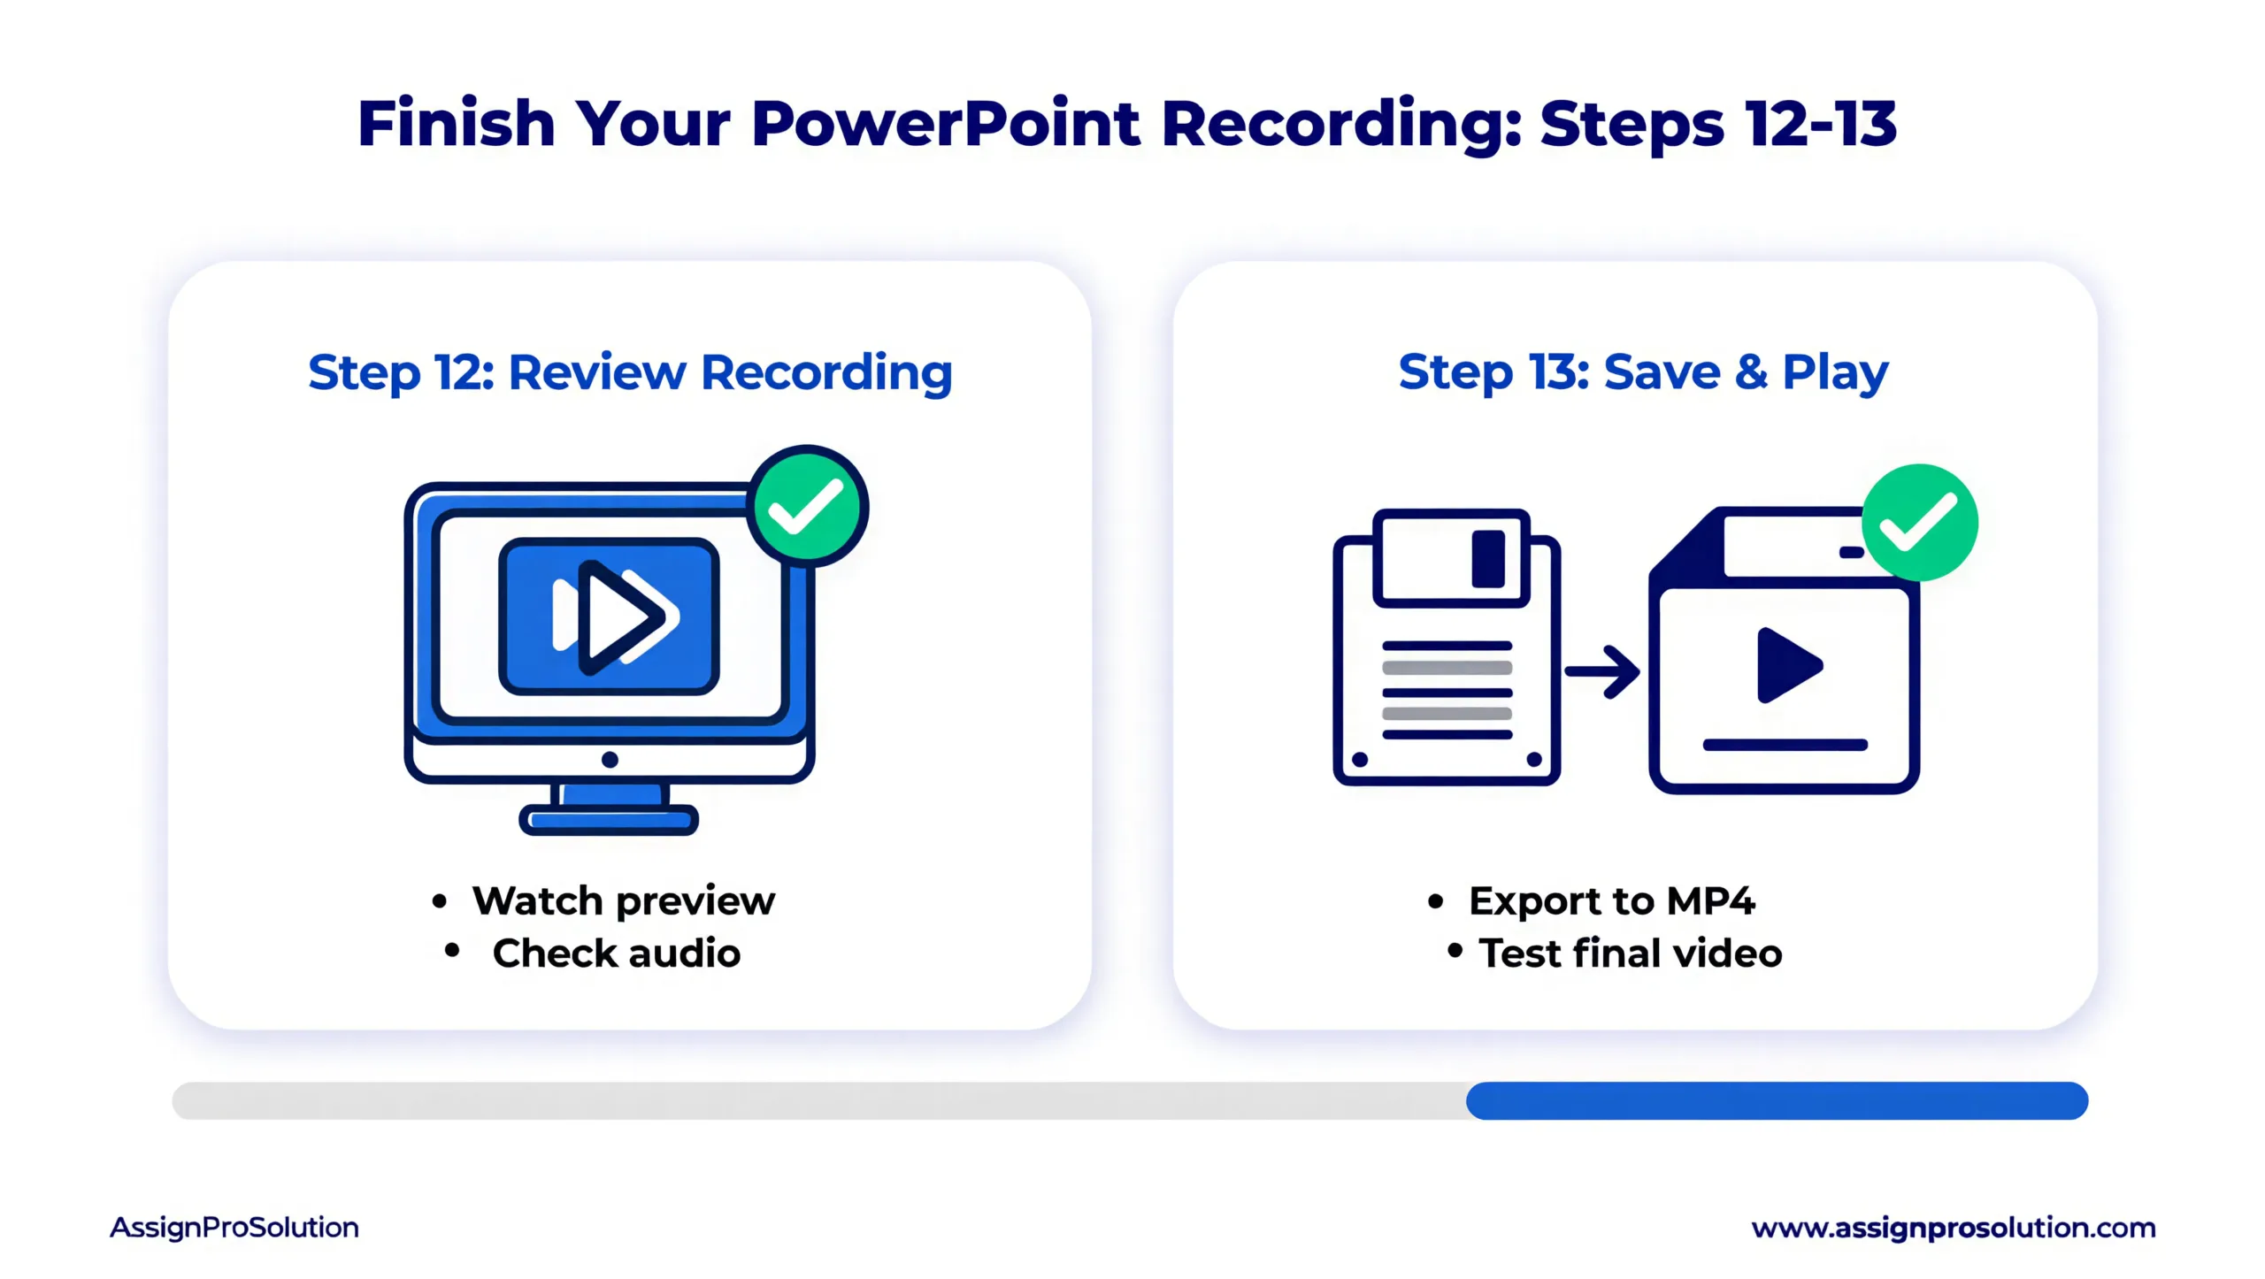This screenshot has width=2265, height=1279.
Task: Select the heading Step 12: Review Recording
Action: pyautogui.click(x=630, y=372)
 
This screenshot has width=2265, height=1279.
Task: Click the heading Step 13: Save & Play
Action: pyautogui.click(x=1643, y=372)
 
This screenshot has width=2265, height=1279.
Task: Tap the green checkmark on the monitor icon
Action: pyautogui.click(x=807, y=506)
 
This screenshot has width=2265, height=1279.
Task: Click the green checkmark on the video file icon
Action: pyautogui.click(x=1919, y=522)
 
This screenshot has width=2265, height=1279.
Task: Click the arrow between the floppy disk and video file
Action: pyautogui.click(x=1602, y=672)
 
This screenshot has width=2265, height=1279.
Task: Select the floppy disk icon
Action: pyautogui.click(x=1447, y=647)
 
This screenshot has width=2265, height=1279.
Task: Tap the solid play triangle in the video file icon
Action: pyautogui.click(x=1787, y=665)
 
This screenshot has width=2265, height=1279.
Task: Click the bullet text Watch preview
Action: pyautogui.click(x=623, y=901)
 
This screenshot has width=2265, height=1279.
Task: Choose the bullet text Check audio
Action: pyautogui.click(x=616, y=954)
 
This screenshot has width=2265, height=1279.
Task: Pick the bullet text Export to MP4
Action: pyautogui.click(x=1611, y=901)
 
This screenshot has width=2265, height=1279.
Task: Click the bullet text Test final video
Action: pyautogui.click(x=1630, y=954)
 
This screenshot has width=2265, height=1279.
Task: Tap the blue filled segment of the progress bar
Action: pyautogui.click(x=1777, y=1100)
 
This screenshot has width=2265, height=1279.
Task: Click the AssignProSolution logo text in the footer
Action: pyautogui.click(x=234, y=1228)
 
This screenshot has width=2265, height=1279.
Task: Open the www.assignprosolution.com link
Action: pyautogui.click(x=1953, y=1228)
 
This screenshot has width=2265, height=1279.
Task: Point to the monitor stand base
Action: pyautogui.click(x=609, y=820)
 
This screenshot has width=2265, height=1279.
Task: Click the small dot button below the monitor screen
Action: pyautogui.click(x=610, y=760)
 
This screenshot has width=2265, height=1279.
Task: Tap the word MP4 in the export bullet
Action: pyautogui.click(x=1710, y=901)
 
